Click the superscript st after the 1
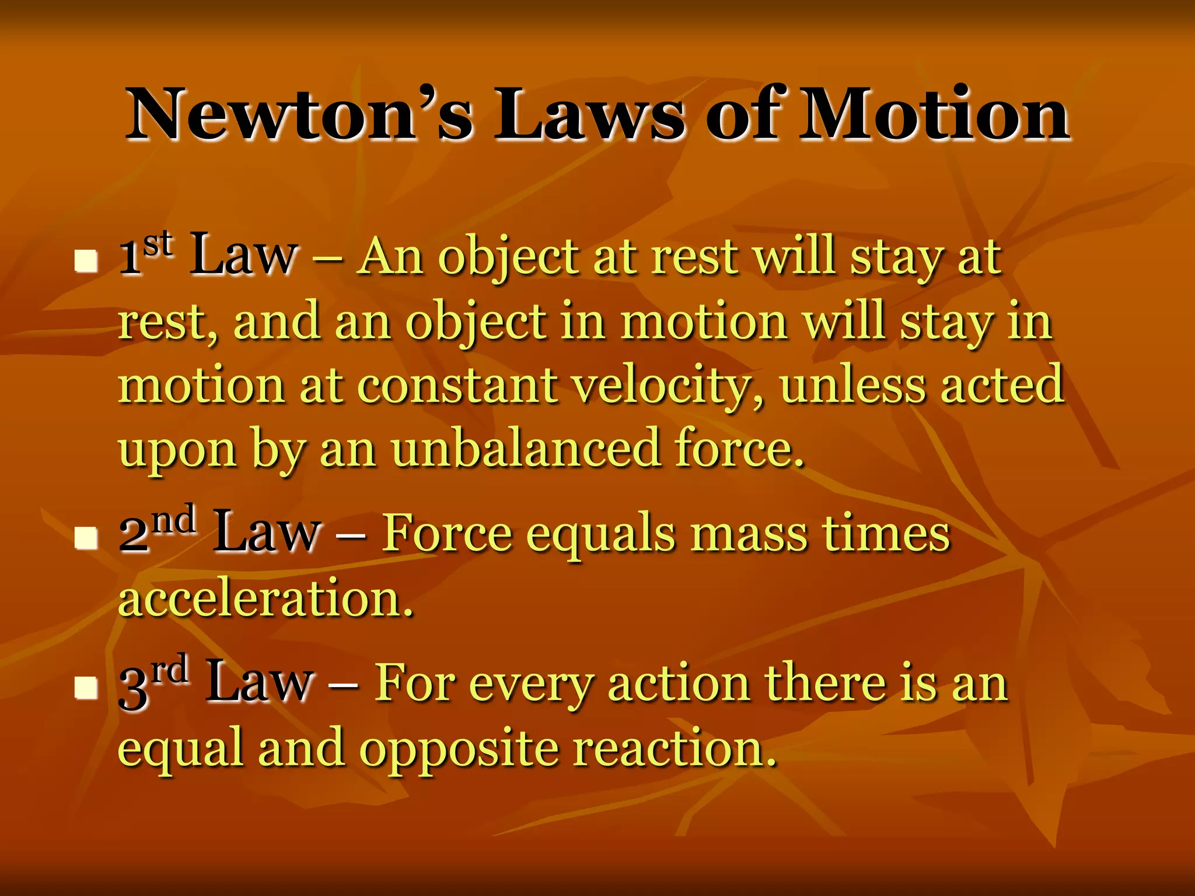pyautogui.click(x=158, y=244)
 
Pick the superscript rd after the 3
pyautogui.click(x=169, y=670)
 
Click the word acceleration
pyautogui.click(x=265, y=598)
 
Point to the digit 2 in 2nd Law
pyautogui.click(x=134, y=535)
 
